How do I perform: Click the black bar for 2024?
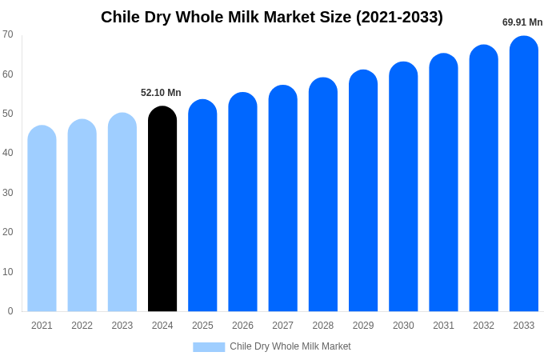(x=162, y=210)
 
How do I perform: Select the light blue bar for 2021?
(x=42, y=219)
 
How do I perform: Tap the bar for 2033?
(x=524, y=174)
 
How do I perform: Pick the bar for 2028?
(x=323, y=195)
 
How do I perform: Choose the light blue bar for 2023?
(x=122, y=213)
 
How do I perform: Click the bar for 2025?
(x=202, y=206)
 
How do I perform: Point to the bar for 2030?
(x=403, y=187)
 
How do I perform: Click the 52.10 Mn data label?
(x=161, y=93)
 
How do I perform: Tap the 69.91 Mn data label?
(x=522, y=22)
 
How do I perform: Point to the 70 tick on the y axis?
(x=8, y=34)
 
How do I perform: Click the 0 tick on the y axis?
(x=10, y=311)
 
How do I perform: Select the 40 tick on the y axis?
(x=8, y=153)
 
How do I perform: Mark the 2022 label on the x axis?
(x=82, y=326)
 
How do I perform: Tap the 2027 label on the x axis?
(x=282, y=326)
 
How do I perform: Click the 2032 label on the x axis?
(x=483, y=326)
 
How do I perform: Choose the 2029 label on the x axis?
(x=363, y=326)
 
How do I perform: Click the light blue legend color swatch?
(x=209, y=347)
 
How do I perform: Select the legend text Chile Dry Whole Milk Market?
(x=290, y=346)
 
